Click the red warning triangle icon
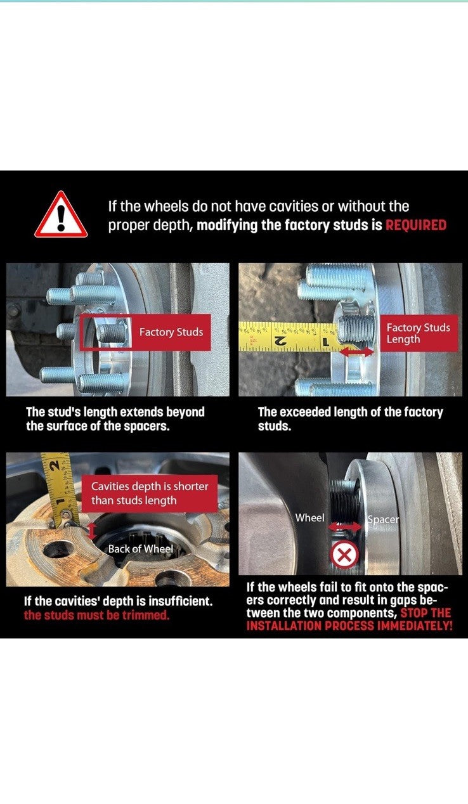(x=61, y=216)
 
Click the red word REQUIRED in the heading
(x=416, y=225)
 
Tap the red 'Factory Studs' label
(x=171, y=332)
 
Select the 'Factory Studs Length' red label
(x=419, y=333)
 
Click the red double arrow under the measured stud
(x=356, y=352)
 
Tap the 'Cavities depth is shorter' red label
(x=149, y=493)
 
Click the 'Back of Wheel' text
(x=141, y=549)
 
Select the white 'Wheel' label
(x=309, y=517)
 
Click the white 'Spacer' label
(x=383, y=519)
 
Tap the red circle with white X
(x=344, y=555)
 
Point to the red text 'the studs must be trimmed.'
(x=96, y=615)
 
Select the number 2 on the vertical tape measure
(x=54, y=465)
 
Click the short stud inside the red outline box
(x=110, y=332)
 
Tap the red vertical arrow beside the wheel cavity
(x=92, y=531)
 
